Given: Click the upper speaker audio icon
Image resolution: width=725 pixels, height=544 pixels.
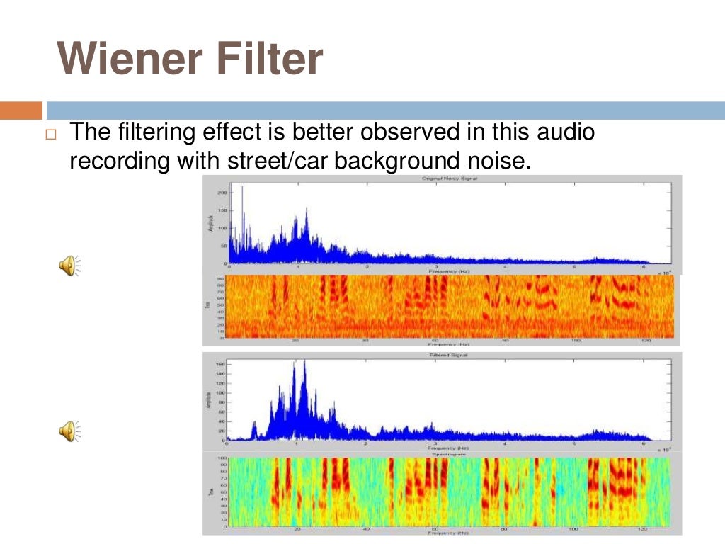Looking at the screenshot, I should [69, 266].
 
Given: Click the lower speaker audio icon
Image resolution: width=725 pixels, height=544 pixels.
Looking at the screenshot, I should [69, 430].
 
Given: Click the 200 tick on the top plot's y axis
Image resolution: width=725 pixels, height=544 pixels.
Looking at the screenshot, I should [222, 192].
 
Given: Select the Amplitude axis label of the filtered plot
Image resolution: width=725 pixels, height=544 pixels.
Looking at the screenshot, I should [210, 400].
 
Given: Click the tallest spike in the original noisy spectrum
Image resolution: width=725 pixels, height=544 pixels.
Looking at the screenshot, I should [241, 187].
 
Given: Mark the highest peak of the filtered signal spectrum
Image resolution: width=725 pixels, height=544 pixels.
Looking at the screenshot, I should [304, 361].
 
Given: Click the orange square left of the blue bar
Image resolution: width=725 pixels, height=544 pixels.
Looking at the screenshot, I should [21, 110].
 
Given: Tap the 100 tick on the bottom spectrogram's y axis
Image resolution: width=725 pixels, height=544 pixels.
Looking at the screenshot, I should [220, 458].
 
